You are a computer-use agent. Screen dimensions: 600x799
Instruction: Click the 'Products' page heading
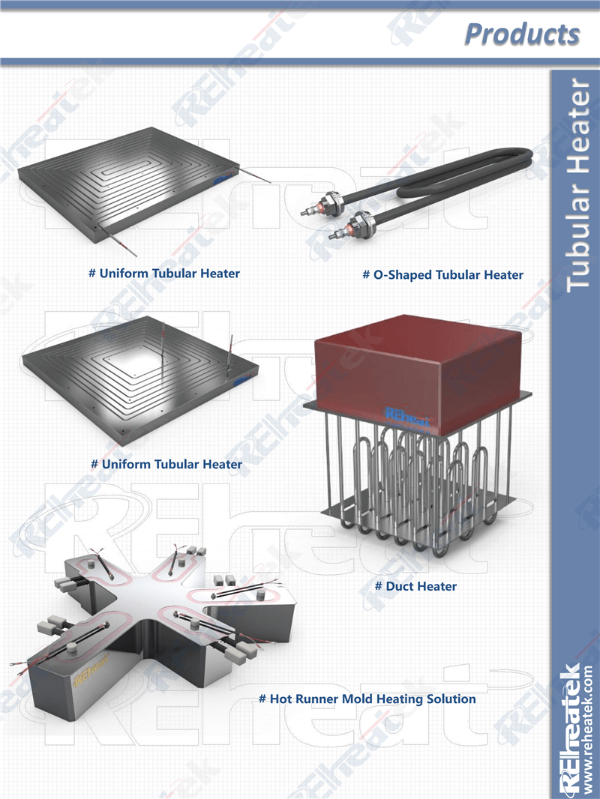(x=522, y=34)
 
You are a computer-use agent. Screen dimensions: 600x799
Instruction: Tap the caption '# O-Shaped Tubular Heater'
(x=443, y=275)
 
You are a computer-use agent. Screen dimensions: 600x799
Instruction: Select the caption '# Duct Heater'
(x=416, y=586)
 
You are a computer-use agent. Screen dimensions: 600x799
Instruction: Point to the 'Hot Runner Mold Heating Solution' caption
(x=373, y=699)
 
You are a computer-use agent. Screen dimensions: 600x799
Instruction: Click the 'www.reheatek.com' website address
(x=588, y=729)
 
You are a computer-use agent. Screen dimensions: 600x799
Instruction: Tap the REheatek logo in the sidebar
(x=569, y=729)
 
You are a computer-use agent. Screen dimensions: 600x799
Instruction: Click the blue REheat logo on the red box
(x=407, y=416)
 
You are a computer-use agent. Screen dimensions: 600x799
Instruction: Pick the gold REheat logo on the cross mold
(x=91, y=669)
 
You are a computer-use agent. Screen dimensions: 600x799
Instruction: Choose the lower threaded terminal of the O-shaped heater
(x=352, y=226)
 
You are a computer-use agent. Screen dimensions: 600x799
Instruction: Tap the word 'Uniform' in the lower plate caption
(x=127, y=464)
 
